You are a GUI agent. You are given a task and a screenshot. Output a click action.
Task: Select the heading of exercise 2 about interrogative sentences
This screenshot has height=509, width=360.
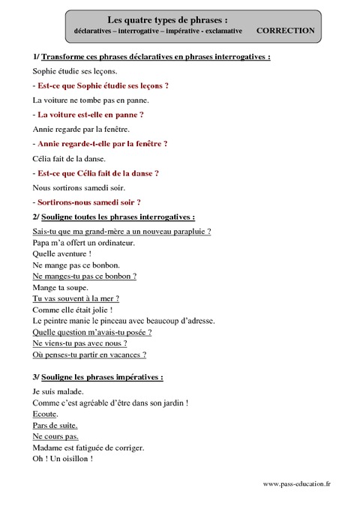pyautogui.click(x=114, y=217)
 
